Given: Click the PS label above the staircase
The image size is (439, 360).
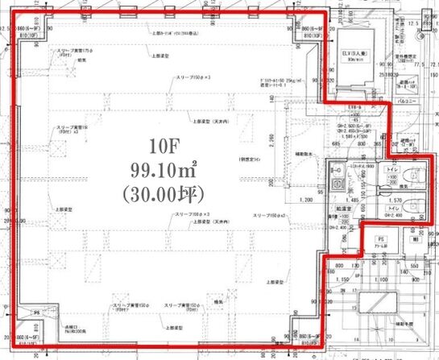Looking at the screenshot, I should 380,238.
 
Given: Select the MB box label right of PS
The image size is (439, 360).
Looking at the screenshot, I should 414,239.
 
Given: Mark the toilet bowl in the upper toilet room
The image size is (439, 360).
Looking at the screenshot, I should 416,177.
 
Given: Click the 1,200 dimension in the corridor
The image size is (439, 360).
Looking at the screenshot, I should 306,198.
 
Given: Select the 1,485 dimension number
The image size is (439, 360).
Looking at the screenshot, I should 352,197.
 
